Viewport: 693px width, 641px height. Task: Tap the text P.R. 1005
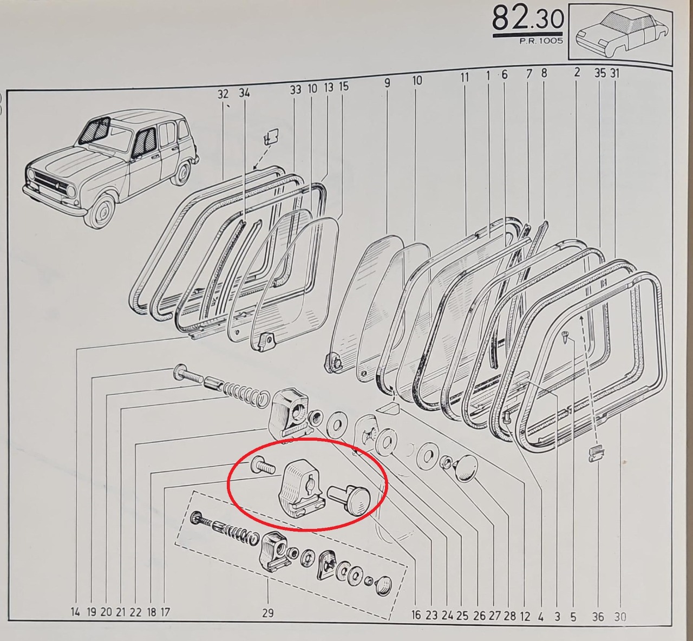(x=541, y=41)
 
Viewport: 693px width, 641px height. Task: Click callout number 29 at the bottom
(x=267, y=613)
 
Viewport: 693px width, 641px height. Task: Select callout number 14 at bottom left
(x=75, y=612)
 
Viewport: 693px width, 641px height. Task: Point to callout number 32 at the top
(x=223, y=94)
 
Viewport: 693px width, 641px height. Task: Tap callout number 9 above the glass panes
(x=387, y=83)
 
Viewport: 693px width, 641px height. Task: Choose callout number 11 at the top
(x=465, y=77)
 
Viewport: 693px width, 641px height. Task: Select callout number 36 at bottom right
(x=598, y=617)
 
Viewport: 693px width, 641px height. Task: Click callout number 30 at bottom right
(x=620, y=617)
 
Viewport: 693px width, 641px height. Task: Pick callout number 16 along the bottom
(x=416, y=615)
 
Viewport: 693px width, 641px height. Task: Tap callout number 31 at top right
(x=614, y=73)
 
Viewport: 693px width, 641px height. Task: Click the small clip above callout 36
(x=596, y=454)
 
